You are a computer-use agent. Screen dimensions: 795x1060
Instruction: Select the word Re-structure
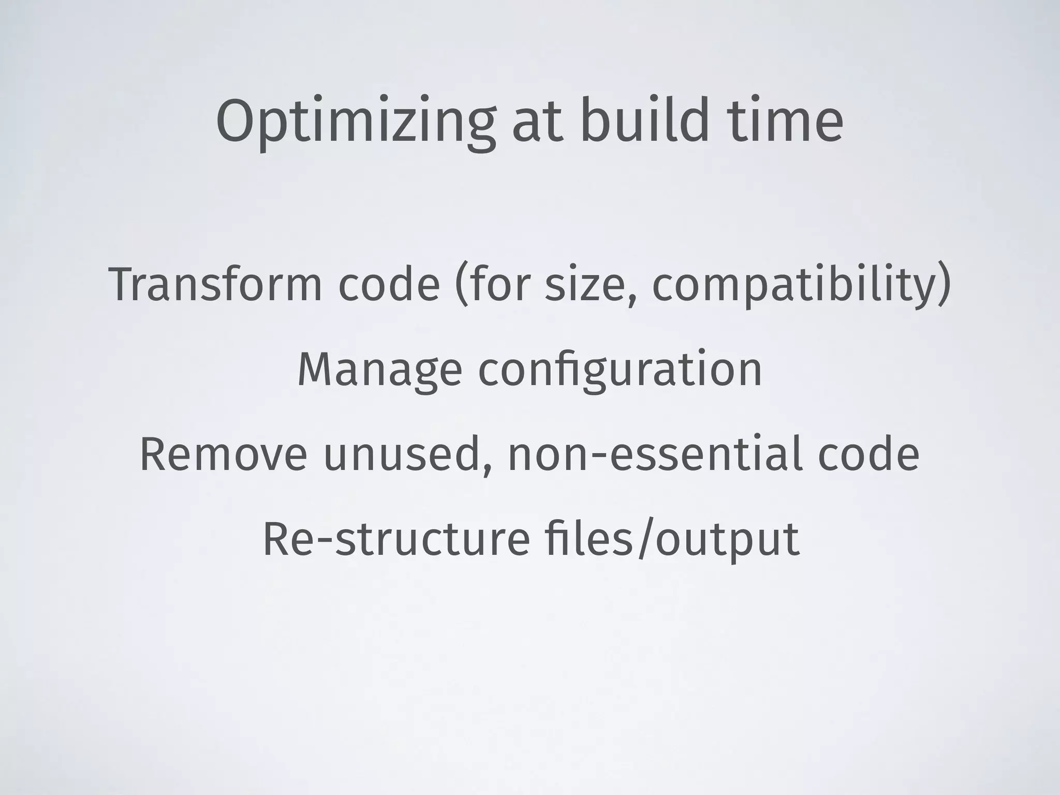(396, 539)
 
